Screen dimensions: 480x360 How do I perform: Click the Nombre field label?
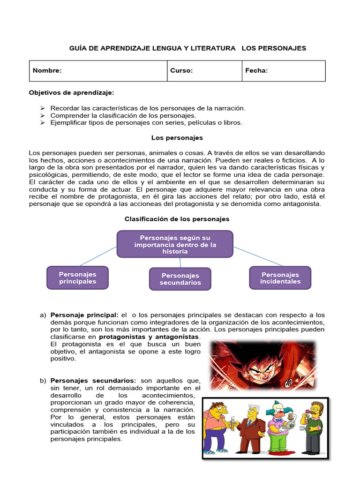[47, 71]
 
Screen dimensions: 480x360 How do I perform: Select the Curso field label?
[181, 71]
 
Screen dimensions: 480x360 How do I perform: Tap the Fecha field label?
[256, 71]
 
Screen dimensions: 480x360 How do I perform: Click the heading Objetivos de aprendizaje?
[71, 93]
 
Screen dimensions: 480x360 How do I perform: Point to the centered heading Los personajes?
[177, 138]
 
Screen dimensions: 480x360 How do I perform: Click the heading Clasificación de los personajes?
[177, 219]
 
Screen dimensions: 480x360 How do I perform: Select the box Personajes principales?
[77, 277]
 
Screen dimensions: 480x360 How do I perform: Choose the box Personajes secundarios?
[180, 279]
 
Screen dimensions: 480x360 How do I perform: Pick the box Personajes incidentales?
[280, 277]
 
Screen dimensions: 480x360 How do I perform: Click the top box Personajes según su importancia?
[175, 244]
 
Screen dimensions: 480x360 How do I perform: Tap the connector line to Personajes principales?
[98, 256]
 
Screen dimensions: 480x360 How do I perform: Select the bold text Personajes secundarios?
[93, 381]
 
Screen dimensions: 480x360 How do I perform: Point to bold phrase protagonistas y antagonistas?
[149, 337]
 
